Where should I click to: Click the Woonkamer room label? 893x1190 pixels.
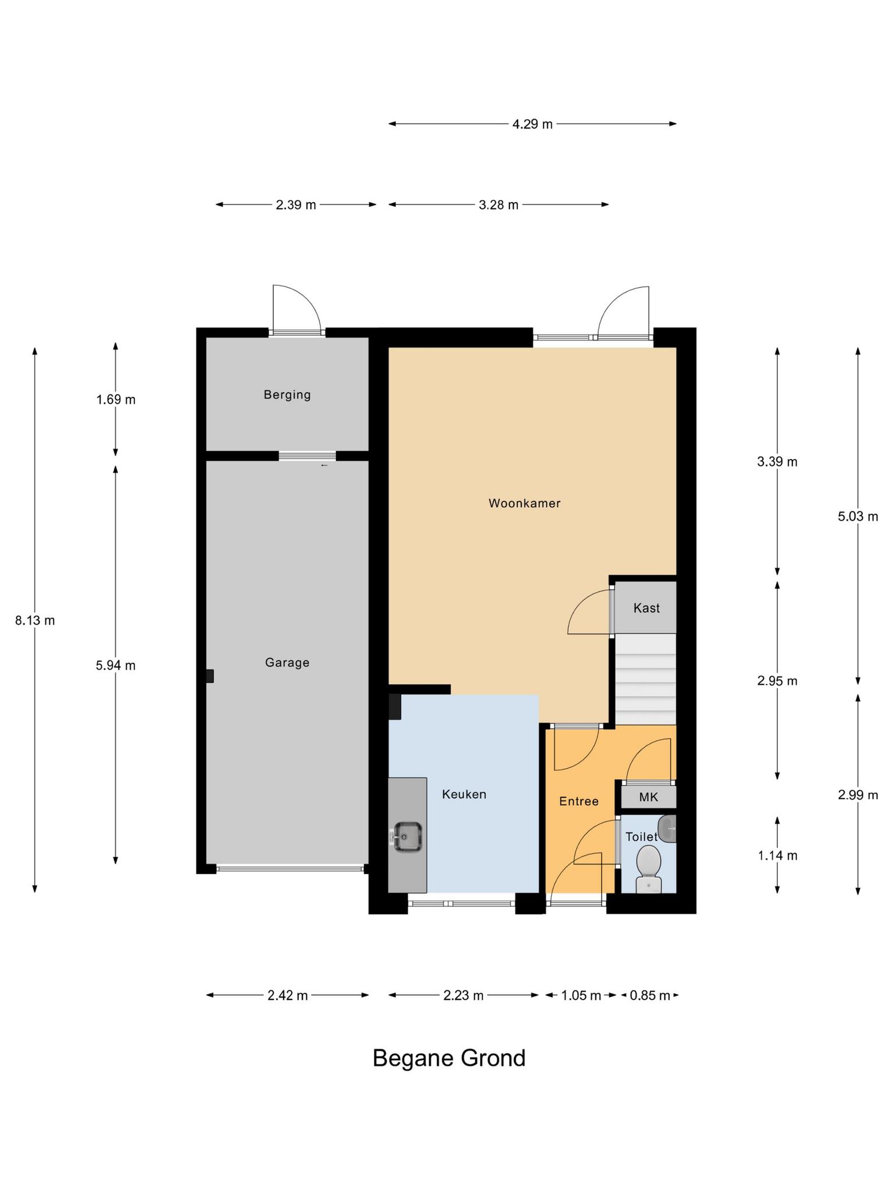click(524, 503)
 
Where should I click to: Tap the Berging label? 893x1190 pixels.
click(287, 395)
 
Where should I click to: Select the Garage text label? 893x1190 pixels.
click(287, 662)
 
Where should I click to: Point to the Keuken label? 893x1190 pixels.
click(464, 794)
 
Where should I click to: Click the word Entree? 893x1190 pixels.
click(579, 801)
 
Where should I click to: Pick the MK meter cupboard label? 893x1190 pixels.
click(649, 797)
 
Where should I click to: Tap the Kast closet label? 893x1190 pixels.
click(646, 608)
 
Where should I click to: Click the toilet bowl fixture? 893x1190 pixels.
click(649, 868)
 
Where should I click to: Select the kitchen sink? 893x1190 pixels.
click(408, 837)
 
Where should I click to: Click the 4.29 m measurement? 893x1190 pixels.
click(533, 124)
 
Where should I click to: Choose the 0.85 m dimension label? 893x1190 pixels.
click(650, 995)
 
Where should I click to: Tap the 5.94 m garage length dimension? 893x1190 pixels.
click(116, 665)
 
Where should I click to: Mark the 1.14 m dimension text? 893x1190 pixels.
click(777, 855)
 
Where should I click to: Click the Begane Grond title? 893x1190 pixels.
click(449, 1058)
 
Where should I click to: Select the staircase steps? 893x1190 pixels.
click(646, 679)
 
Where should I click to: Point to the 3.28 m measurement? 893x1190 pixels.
click(499, 205)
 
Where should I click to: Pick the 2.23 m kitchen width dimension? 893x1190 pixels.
click(463, 995)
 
